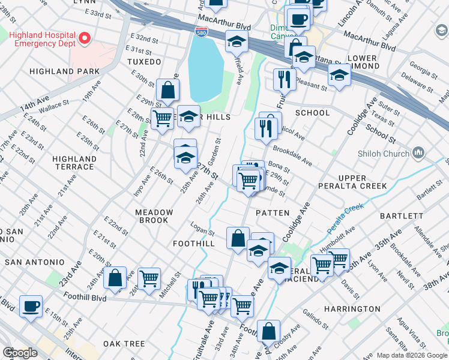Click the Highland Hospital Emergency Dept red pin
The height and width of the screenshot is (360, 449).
click(83, 39)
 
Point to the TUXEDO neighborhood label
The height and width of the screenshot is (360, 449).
click(144, 62)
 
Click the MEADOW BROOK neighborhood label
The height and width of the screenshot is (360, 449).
click(154, 216)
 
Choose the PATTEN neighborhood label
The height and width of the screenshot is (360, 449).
click(273, 213)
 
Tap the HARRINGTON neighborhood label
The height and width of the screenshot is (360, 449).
click(352, 308)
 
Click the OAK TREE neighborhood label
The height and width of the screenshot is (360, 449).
click(124, 344)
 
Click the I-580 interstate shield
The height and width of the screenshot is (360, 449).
click(203, 32)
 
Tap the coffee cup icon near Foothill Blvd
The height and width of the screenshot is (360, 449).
click(31, 306)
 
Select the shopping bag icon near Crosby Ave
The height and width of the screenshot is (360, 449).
click(268, 331)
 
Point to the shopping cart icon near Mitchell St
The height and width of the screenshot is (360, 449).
click(149, 278)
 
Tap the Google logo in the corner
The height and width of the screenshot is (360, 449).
click(20, 353)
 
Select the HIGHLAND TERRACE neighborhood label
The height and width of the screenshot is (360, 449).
click(74, 163)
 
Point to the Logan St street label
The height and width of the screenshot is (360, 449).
click(203, 231)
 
